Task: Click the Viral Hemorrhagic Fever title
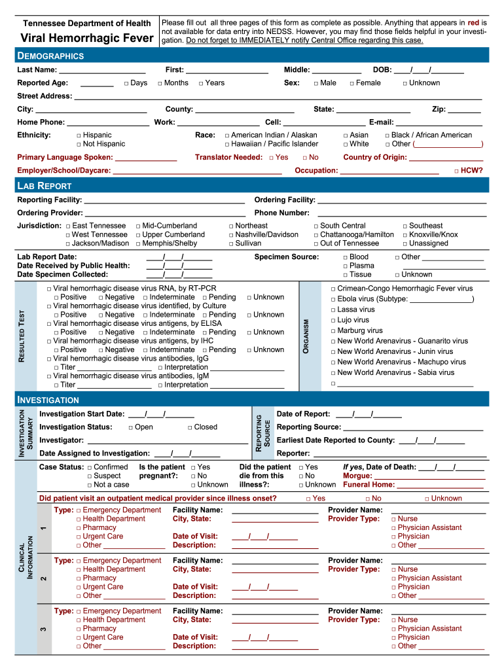coord(87,38)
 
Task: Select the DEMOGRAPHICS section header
coord(50,56)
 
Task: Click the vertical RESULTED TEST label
coord(22,336)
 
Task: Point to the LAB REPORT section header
coord(49,186)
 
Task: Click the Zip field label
coord(439,109)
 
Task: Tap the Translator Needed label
coord(228,158)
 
